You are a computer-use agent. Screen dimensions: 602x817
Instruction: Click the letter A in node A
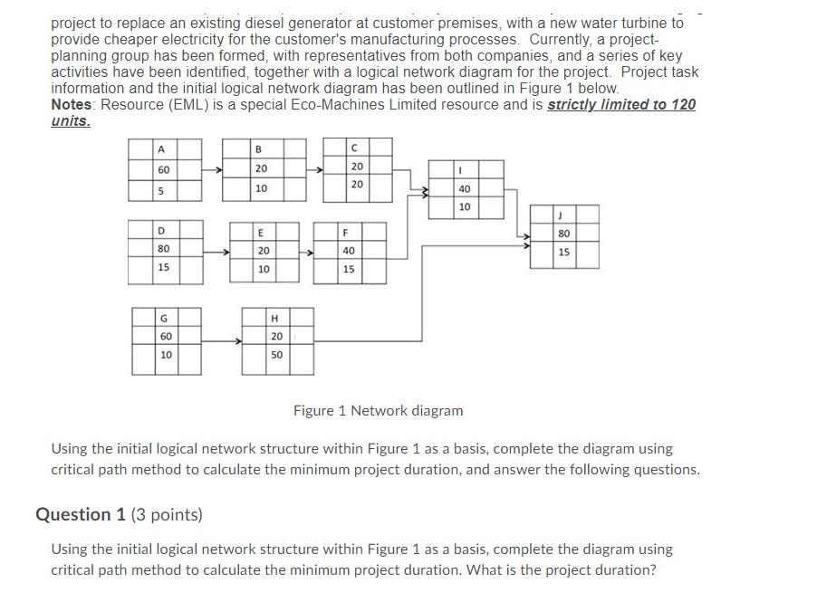click(x=161, y=149)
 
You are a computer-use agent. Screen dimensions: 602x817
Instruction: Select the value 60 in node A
click(x=163, y=169)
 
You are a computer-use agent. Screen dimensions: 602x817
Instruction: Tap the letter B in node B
click(x=258, y=149)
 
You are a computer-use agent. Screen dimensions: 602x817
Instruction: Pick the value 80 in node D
click(x=163, y=248)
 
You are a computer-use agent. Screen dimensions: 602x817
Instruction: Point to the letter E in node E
click(x=262, y=231)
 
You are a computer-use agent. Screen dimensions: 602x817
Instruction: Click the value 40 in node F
click(x=349, y=251)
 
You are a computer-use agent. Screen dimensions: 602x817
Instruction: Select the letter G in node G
click(x=164, y=319)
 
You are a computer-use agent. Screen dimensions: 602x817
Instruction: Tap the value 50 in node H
click(x=276, y=355)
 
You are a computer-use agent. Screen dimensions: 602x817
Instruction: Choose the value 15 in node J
click(x=564, y=252)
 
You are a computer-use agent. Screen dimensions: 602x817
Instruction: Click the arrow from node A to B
click(x=212, y=169)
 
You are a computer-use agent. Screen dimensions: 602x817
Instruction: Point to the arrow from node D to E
click(x=216, y=251)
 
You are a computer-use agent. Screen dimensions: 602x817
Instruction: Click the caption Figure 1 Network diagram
click(x=378, y=411)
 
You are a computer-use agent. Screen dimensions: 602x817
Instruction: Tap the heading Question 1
click(x=81, y=514)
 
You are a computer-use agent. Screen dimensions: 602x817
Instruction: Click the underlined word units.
click(x=70, y=120)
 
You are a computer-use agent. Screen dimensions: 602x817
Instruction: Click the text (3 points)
click(x=167, y=515)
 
